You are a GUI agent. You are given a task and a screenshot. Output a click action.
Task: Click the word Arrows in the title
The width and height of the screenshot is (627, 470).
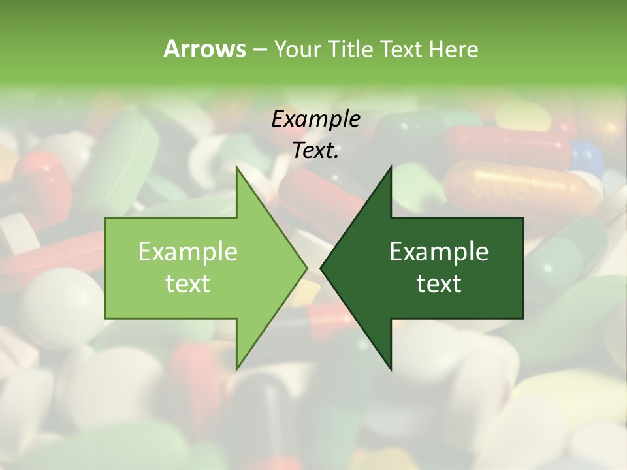click(204, 49)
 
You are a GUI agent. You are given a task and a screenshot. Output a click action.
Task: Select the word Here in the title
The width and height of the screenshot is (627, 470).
click(453, 49)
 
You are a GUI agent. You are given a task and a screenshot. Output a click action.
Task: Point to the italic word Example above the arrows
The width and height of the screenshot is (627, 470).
click(315, 119)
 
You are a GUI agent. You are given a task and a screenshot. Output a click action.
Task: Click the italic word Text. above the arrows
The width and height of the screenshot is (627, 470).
click(315, 150)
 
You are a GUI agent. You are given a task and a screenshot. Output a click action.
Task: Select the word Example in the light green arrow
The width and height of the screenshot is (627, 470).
click(187, 251)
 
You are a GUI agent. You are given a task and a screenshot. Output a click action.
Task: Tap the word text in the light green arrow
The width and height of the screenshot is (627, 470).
click(187, 283)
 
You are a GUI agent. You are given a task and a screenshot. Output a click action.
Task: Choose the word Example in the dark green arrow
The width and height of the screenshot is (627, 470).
click(439, 251)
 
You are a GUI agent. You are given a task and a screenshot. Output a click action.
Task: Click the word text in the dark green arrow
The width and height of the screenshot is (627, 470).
click(439, 283)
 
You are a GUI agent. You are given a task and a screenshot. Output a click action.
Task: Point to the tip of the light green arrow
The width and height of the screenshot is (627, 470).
click(306, 268)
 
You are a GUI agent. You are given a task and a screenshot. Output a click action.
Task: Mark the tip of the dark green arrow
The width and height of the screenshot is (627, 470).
click(321, 268)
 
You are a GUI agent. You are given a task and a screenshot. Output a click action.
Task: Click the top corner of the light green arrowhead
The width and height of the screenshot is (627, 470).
click(236, 167)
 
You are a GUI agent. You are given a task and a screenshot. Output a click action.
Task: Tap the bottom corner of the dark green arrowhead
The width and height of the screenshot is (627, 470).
click(391, 369)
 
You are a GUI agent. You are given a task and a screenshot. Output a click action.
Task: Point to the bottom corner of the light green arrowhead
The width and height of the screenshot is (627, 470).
click(236, 369)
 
